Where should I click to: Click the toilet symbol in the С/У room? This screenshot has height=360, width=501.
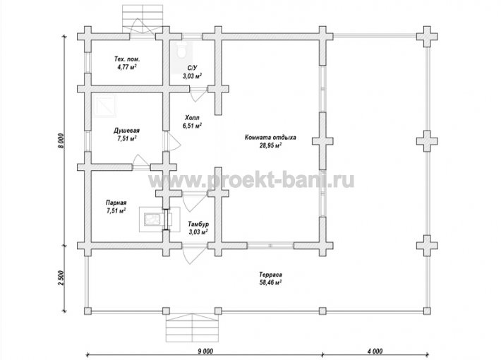pyautogui.click(x=182, y=50)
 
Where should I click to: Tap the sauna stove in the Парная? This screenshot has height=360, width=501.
pyautogui.click(x=153, y=220)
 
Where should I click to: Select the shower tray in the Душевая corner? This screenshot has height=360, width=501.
pyautogui.click(x=104, y=106)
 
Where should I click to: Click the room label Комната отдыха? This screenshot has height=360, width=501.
pyautogui.click(x=270, y=138)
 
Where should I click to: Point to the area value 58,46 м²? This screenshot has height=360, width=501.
pyautogui.click(x=270, y=282)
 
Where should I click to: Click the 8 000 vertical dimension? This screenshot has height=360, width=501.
pyautogui.click(x=62, y=140)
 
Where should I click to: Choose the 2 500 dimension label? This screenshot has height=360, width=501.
pyautogui.click(x=62, y=279)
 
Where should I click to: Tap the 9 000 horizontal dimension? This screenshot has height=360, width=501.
pyautogui.click(x=205, y=351)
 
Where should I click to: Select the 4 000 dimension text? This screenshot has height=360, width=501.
pyautogui.click(x=375, y=351)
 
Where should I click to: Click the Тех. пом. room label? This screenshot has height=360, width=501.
pyautogui.click(x=127, y=59)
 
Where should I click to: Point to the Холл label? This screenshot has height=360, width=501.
pyautogui.click(x=192, y=118)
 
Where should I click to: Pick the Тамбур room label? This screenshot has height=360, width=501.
pyautogui.click(x=198, y=224)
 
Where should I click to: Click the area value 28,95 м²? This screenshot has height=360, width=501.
pyautogui.click(x=270, y=145)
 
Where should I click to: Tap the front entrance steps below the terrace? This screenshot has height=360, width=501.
pyautogui.click(x=193, y=328)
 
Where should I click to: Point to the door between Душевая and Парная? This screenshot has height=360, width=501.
pyautogui.click(x=140, y=161)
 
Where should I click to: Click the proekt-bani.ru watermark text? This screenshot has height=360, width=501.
pyautogui.click(x=251, y=181)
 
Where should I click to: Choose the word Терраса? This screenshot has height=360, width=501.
pyautogui.click(x=270, y=275)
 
